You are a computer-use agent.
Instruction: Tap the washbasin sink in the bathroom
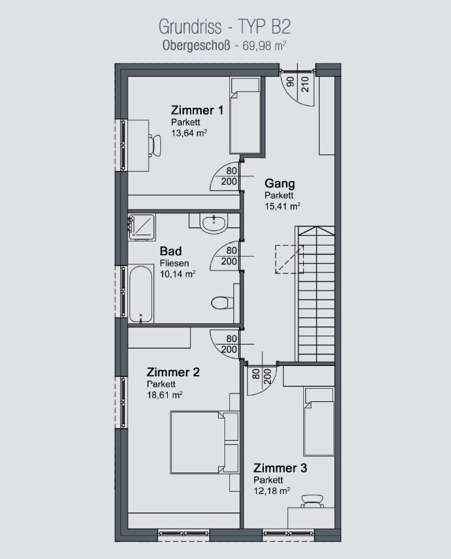[213, 223]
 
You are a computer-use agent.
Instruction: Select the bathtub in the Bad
[141, 294]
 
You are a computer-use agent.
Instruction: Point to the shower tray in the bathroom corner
[142, 226]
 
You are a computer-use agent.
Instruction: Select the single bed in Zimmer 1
[246, 116]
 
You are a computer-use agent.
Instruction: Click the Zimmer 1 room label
[198, 110]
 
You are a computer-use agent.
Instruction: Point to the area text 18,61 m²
[164, 394]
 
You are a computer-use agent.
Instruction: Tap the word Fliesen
[174, 264]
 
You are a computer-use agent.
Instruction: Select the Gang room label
[280, 183]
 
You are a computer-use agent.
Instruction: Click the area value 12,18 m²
[271, 491]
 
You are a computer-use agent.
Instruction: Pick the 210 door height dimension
[305, 84]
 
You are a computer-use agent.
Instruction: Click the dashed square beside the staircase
[289, 259]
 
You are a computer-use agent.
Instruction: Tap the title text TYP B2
[264, 27]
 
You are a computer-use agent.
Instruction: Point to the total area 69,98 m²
[265, 46]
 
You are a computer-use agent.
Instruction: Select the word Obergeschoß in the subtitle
[196, 46]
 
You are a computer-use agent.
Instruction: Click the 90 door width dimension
[291, 82]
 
